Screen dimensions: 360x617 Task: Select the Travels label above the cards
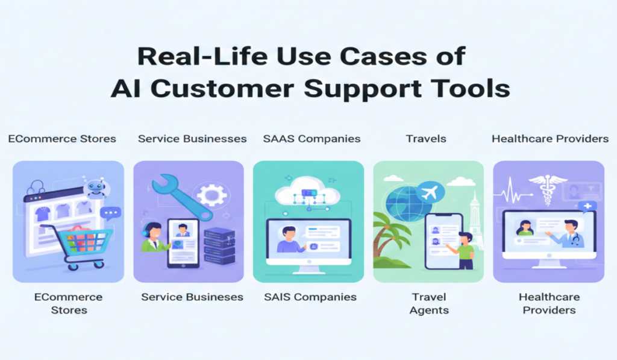click(x=426, y=139)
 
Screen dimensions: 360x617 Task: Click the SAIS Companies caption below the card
click(x=310, y=297)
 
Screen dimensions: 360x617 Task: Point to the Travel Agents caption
click(x=429, y=303)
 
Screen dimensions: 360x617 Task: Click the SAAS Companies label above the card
click(x=312, y=139)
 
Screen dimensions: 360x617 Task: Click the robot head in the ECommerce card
click(x=95, y=189)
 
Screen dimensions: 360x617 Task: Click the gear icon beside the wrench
click(x=211, y=195)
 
